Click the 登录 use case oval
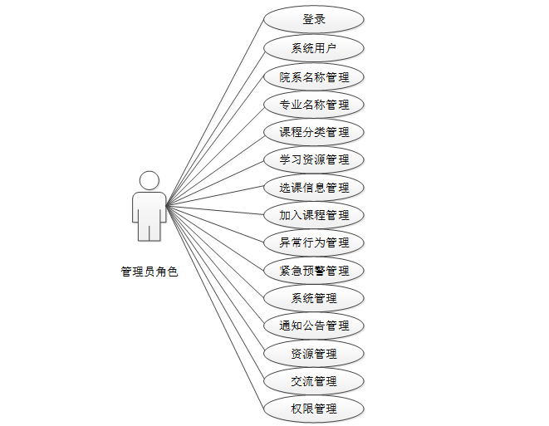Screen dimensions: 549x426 (x=314, y=20)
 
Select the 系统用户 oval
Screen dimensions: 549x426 (x=314, y=48)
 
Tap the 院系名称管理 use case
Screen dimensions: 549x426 (x=314, y=76)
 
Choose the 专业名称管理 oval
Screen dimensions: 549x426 (x=314, y=105)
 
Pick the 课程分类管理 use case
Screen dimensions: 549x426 (x=314, y=132)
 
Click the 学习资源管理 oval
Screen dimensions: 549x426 (x=314, y=159)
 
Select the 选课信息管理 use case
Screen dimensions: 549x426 (x=314, y=188)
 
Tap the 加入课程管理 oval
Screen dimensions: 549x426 (x=314, y=215)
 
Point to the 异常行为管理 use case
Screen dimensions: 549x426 (x=314, y=242)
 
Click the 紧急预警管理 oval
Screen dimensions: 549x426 (x=314, y=271)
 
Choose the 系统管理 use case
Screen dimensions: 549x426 (x=314, y=298)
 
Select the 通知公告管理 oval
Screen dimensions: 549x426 (x=314, y=326)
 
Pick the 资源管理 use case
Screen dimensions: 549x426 (x=314, y=354)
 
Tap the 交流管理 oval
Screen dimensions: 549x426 (x=314, y=381)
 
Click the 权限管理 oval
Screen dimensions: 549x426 (x=314, y=409)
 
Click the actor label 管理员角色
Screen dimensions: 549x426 (x=150, y=271)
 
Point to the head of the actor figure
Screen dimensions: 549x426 (x=150, y=180)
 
